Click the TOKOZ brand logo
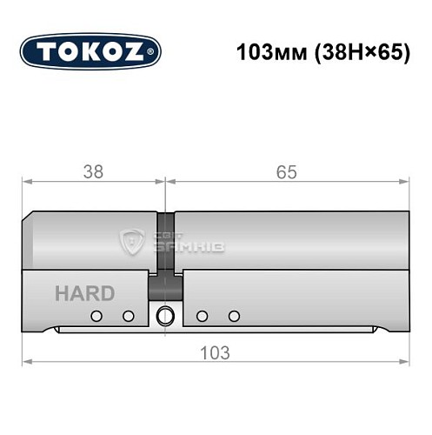click(90, 50)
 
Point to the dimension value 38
click(92, 172)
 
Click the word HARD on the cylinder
click(84, 293)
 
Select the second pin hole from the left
click(129, 316)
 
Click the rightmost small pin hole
click(233, 316)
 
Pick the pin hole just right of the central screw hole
click(202, 316)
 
